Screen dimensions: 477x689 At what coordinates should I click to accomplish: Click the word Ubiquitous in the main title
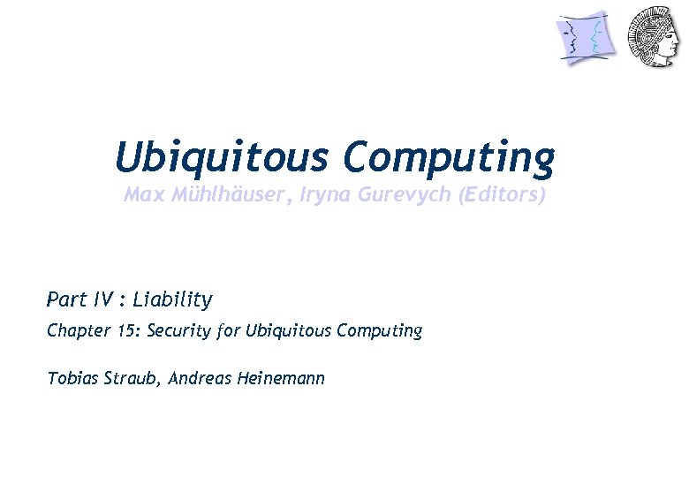point(222,159)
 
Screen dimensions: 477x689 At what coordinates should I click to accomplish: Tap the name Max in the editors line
point(142,195)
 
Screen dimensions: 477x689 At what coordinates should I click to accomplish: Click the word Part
point(66,299)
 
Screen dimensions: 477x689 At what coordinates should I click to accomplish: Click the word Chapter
point(78,331)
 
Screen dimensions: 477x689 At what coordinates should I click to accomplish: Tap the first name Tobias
point(71,378)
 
